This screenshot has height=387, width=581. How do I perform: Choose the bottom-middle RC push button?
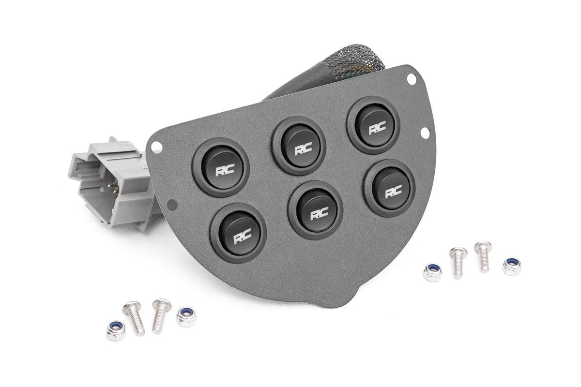tap(315, 210)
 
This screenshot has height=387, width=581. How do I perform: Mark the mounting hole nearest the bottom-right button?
tap(426, 132)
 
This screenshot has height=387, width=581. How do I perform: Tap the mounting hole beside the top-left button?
tap(155, 146)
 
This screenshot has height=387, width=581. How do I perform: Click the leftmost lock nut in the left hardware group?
tap(116, 332)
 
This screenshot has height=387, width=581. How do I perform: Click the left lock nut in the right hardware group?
tap(432, 272)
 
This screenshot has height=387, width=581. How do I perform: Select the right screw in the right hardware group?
tap(483, 256)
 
